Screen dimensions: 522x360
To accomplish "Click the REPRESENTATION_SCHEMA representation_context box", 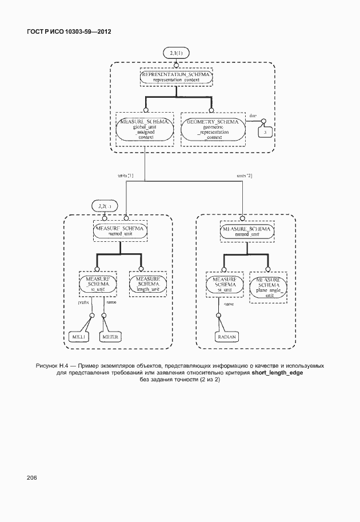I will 177,78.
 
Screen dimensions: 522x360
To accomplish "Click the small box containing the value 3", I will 265,132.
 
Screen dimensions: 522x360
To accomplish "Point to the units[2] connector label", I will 244,175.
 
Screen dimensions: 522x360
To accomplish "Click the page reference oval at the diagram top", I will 176,53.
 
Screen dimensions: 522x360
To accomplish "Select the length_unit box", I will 147,282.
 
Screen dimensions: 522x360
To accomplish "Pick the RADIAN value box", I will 227,337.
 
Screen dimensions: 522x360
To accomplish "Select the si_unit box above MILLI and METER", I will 98,282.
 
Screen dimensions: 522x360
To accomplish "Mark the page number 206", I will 31,477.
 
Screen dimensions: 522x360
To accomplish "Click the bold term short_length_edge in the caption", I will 277,372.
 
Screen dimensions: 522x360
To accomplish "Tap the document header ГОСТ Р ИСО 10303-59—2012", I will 69,32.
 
